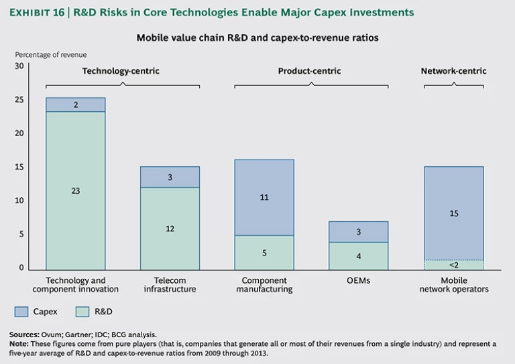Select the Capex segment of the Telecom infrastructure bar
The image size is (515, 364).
[x=170, y=177]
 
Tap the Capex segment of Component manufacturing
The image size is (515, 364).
[x=264, y=197]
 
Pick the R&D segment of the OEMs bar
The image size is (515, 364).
[x=359, y=255]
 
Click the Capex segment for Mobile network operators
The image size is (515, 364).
[x=453, y=213]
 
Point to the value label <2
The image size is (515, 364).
[x=453, y=265]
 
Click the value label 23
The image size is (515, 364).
[x=75, y=191]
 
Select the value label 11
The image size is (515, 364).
[x=264, y=198]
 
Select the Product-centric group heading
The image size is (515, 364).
[x=309, y=70]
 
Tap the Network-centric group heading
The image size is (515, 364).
[x=453, y=70]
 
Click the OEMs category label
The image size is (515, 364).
[x=359, y=280]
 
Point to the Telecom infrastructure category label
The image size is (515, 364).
[x=170, y=285]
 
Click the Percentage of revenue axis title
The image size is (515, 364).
[x=51, y=54]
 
